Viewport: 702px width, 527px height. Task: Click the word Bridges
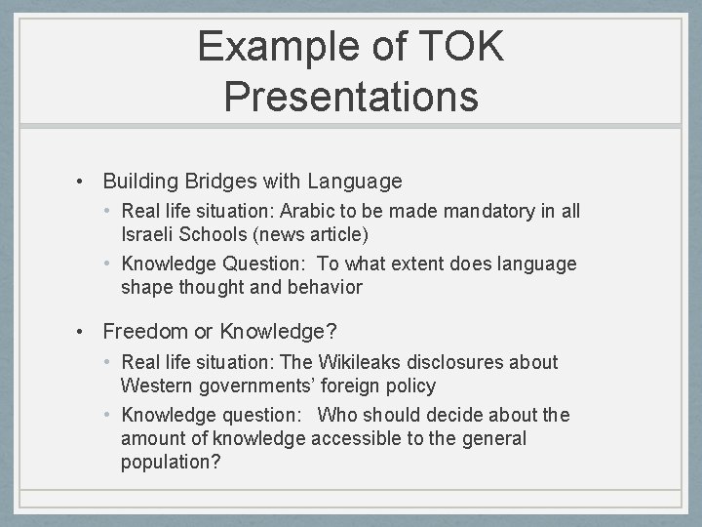(221, 181)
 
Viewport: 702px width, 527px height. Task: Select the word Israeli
(149, 234)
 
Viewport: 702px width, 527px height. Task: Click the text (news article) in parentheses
(323, 234)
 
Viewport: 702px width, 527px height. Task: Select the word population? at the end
(171, 462)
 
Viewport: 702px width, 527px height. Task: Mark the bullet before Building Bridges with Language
(87, 181)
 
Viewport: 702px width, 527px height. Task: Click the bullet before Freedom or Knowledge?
(87, 332)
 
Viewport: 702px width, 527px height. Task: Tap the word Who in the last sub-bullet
(336, 415)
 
